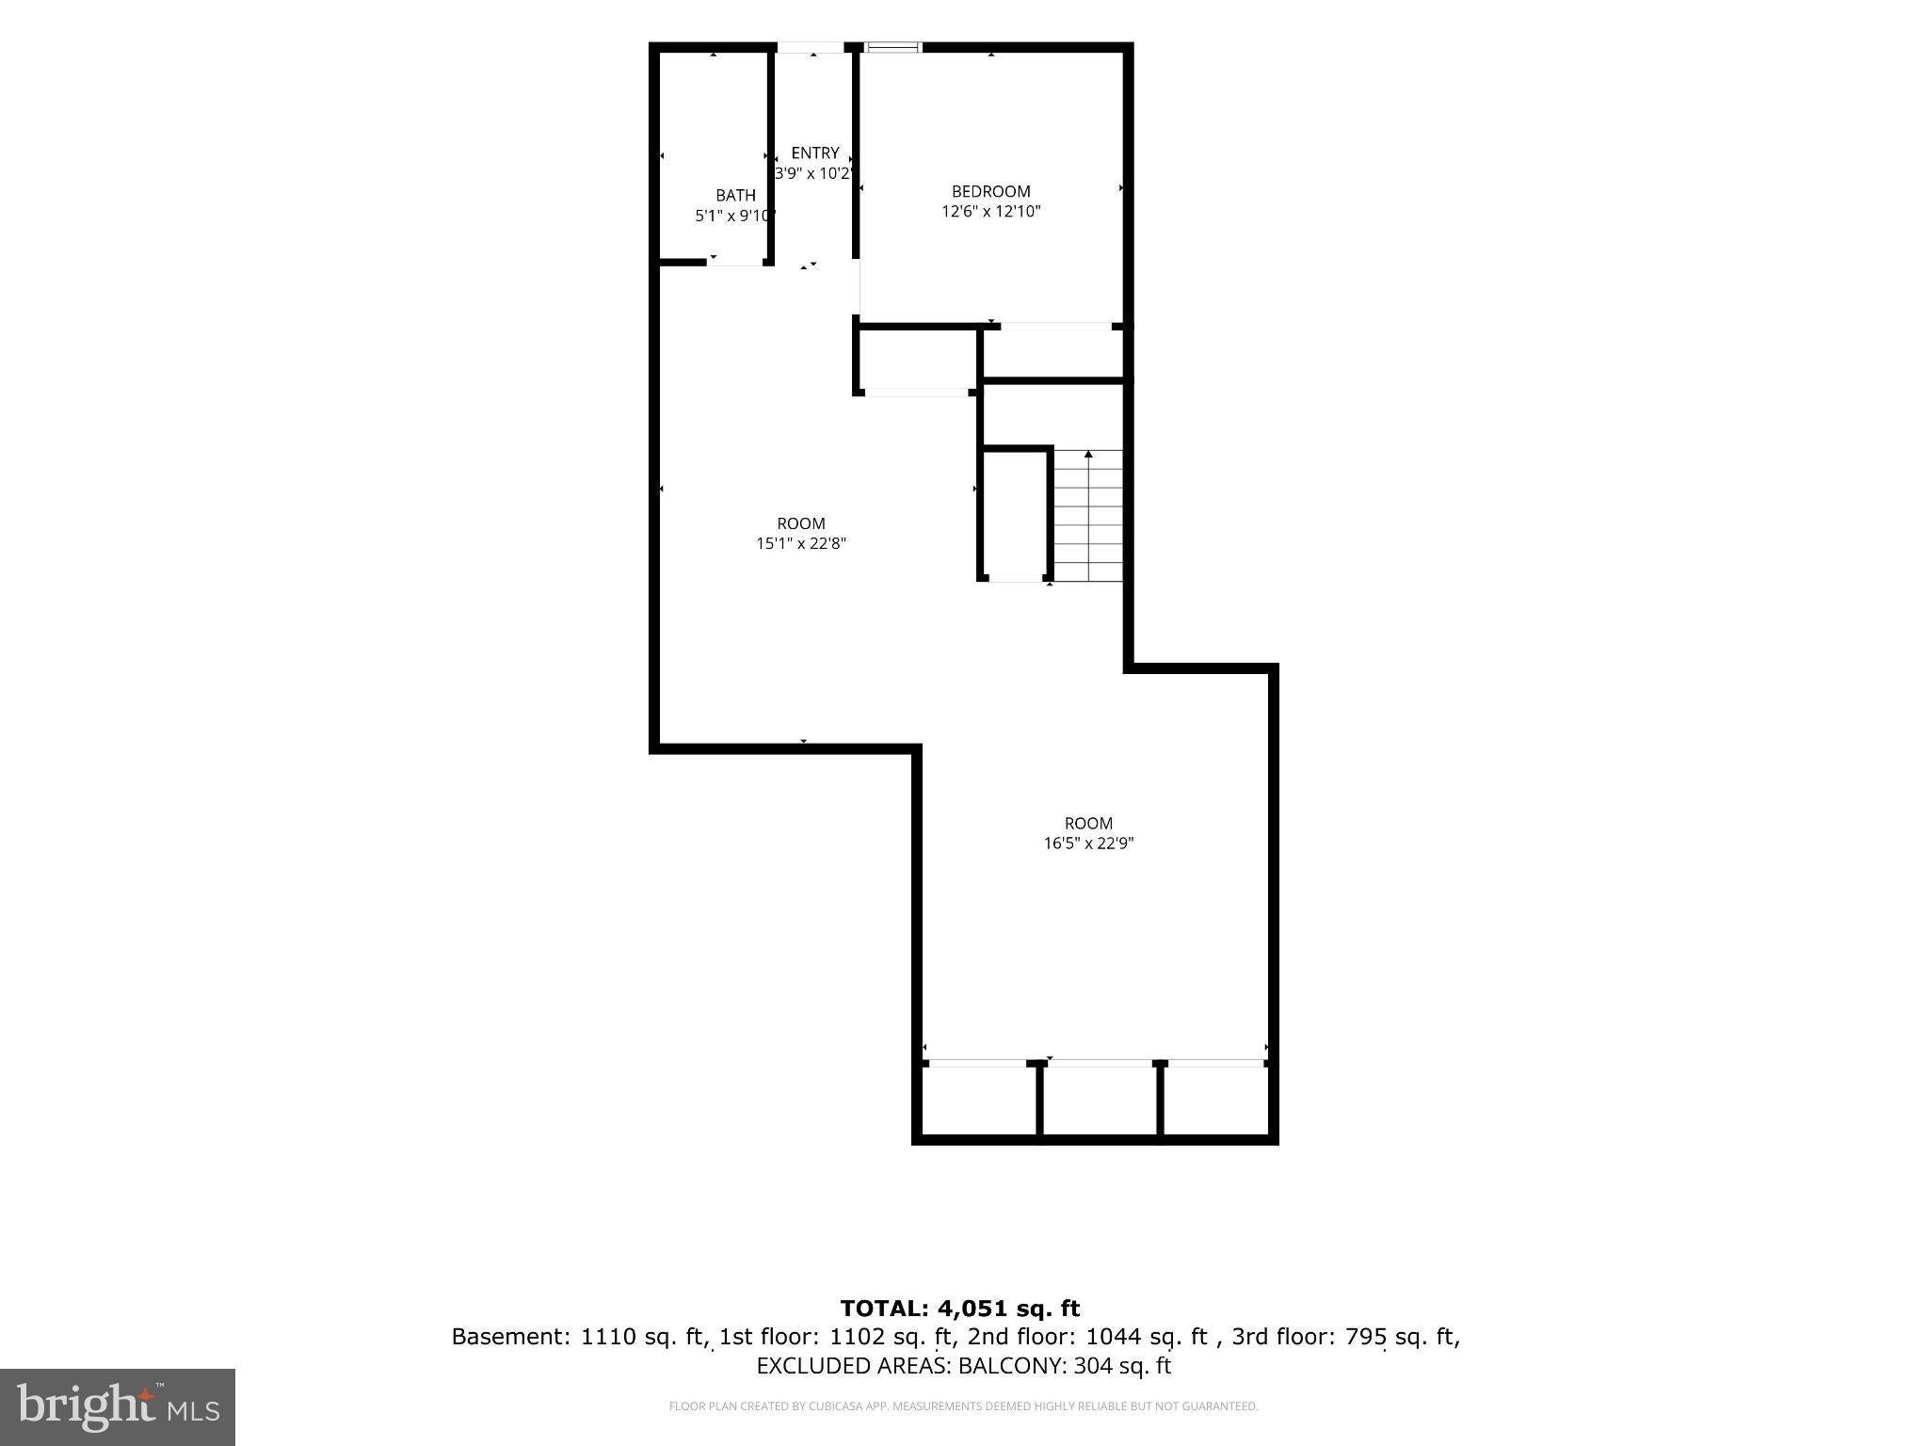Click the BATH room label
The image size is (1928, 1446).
point(735,195)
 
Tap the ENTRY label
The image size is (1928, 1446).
point(814,153)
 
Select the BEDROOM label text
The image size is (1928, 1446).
point(990,191)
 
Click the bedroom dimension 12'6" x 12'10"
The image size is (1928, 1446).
point(990,211)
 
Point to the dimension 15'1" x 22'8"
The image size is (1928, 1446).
point(801,543)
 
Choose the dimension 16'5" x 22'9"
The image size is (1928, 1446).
point(1088,843)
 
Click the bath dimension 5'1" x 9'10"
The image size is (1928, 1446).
point(734,216)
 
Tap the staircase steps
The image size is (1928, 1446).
point(1088,516)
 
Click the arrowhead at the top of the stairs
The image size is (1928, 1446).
point(1088,455)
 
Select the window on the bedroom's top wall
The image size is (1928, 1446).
point(892,46)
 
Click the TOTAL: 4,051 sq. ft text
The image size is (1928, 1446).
point(960,1309)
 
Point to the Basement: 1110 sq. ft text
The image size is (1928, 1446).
point(579,1337)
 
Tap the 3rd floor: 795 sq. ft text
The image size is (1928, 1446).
point(1344,1337)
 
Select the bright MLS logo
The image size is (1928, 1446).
point(118,1406)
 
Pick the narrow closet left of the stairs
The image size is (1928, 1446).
point(1016,514)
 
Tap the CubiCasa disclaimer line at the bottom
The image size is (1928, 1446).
point(963,1406)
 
